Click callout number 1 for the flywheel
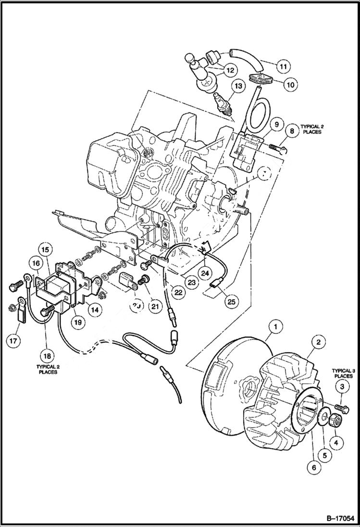(275, 328)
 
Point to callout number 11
(283, 65)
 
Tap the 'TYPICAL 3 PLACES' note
(342, 373)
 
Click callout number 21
(155, 305)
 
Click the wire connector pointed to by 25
(215, 286)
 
